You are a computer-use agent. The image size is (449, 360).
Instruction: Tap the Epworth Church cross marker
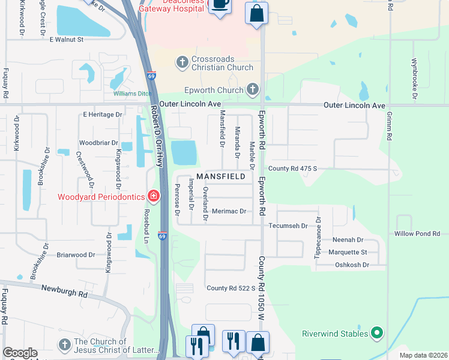pyautogui.click(x=253, y=90)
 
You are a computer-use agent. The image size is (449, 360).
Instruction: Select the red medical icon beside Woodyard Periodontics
pyautogui.click(x=154, y=196)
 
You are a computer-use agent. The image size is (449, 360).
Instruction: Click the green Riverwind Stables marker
pyautogui.click(x=376, y=332)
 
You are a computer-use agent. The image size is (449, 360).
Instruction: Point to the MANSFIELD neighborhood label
pyautogui.click(x=221, y=177)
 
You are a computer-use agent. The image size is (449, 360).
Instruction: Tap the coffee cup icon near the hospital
pyautogui.click(x=219, y=5)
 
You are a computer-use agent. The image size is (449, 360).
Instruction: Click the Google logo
pyautogui.click(x=20, y=353)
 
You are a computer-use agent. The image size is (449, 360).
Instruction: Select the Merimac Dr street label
pyautogui.click(x=230, y=211)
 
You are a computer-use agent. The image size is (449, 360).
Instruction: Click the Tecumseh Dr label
pyautogui.click(x=288, y=226)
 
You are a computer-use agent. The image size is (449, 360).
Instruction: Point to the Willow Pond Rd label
pyautogui.click(x=417, y=233)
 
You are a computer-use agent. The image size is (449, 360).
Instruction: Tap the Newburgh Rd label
pyautogui.click(x=64, y=291)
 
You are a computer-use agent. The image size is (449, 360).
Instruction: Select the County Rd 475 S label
pyautogui.click(x=292, y=169)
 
